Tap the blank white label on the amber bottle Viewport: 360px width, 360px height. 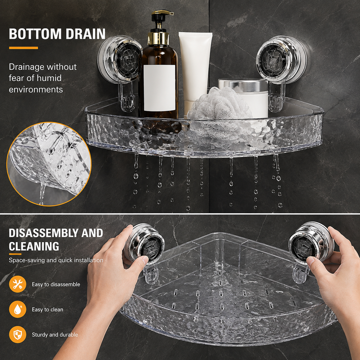[x=159, y=88]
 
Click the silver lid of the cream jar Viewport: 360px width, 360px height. [x=243, y=85]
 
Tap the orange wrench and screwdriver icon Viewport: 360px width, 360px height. [x=18, y=284]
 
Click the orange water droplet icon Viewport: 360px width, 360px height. [x=18, y=309]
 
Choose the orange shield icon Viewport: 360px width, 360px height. [x=18, y=334]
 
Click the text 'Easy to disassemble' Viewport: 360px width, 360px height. [x=56, y=284]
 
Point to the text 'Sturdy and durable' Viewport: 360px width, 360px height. [x=55, y=334]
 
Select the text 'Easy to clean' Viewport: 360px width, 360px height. [x=47, y=309]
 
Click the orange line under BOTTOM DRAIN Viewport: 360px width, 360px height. [x=23, y=48]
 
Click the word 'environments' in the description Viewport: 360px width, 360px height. [x=36, y=90]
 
